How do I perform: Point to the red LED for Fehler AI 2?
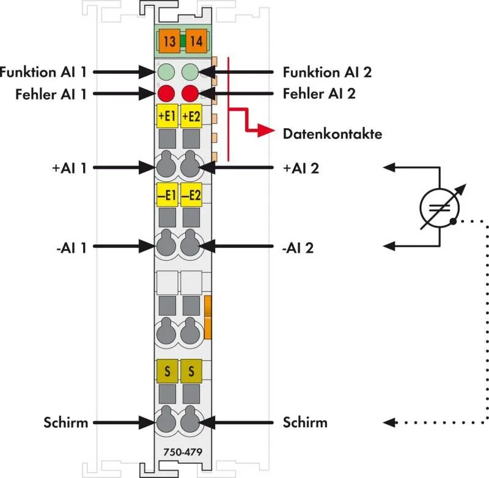[x=191, y=94]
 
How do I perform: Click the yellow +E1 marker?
[x=166, y=117]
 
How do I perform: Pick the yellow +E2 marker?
[x=191, y=117]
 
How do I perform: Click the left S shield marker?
[x=166, y=371]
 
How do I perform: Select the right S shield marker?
[x=191, y=371]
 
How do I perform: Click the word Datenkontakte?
[x=332, y=134]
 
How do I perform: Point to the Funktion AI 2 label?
[x=327, y=72]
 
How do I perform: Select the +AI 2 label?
[x=301, y=167]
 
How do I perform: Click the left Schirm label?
[x=65, y=422]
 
